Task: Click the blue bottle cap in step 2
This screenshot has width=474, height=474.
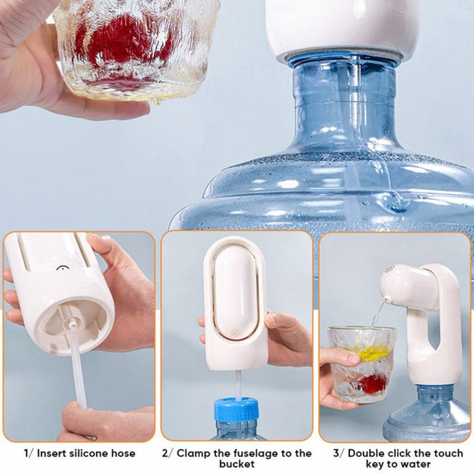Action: point(236,409)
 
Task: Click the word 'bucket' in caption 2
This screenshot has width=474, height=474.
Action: point(237,464)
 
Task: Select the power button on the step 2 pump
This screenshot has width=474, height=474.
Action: point(236,333)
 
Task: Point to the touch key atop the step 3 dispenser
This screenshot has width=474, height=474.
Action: point(390,269)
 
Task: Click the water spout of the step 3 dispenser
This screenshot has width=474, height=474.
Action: point(386,300)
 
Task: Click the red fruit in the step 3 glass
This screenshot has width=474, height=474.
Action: point(374,383)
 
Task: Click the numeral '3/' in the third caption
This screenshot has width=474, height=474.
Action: point(339,454)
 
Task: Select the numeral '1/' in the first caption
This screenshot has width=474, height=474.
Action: point(29,454)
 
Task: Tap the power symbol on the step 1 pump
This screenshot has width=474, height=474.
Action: point(62,269)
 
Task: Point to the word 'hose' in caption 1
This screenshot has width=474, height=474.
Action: point(123,454)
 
